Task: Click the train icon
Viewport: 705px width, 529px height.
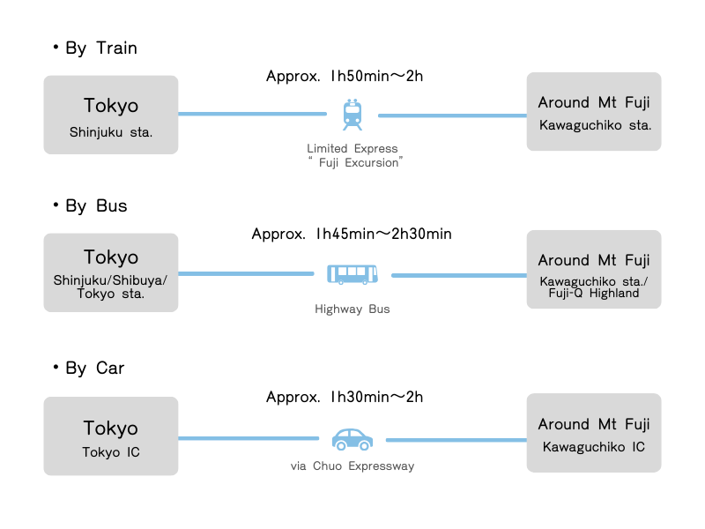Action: [352, 115]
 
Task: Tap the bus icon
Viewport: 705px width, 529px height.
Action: [352, 274]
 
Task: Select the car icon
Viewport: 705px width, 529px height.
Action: [352, 438]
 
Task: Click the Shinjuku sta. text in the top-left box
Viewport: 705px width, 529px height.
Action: [111, 133]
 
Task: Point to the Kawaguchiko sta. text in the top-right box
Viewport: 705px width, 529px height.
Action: [595, 125]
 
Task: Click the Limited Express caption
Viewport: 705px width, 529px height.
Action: [352, 149]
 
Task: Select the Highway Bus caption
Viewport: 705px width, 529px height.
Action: [352, 309]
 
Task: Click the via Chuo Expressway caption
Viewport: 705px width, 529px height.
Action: [352, 466]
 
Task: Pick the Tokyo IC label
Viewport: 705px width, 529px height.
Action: [111, 452]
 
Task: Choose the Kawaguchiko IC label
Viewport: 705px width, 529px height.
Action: [594, 447]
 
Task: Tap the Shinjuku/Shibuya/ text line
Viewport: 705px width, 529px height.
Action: [111, 280]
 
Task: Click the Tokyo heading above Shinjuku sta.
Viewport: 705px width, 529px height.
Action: [111, 106]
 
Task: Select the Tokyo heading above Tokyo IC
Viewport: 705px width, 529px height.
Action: [111, 428]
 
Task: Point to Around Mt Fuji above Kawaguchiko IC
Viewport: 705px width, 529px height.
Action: [594, 424]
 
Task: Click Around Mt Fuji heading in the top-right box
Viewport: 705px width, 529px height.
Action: [594, 103]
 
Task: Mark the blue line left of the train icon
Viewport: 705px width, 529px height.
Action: [252, 114]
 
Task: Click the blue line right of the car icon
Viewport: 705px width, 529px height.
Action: [456, 439]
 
